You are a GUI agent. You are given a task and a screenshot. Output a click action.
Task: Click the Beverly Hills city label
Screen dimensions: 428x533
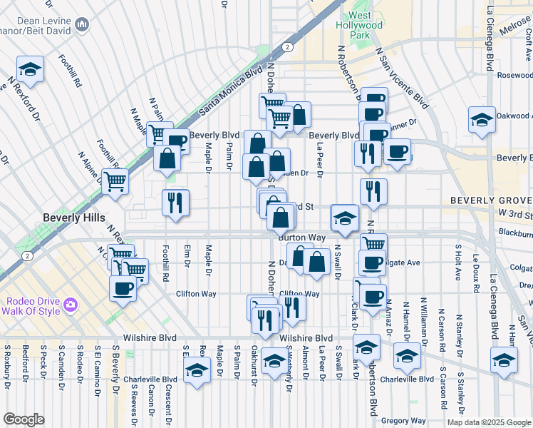click(74, 218)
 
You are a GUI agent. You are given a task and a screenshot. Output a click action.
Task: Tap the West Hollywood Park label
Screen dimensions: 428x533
click(359, 25)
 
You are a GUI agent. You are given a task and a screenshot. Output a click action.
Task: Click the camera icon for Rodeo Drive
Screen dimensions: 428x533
click(70, 305)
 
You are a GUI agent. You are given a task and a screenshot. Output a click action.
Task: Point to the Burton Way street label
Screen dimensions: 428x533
click(301, 237)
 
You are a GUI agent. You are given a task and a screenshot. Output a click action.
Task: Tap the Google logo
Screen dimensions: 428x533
click(24, 419)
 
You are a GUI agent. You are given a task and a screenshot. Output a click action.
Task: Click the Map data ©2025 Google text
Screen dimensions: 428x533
click(488, 422)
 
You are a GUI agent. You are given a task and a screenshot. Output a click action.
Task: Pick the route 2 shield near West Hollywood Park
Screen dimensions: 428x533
click(286, 46)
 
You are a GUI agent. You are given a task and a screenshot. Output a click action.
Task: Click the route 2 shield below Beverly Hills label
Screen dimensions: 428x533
click(26, 255)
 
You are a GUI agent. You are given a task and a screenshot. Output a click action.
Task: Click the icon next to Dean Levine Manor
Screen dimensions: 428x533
click(82, 26)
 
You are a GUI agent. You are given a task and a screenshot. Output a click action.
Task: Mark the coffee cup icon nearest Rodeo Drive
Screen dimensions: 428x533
click(123, 288)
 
